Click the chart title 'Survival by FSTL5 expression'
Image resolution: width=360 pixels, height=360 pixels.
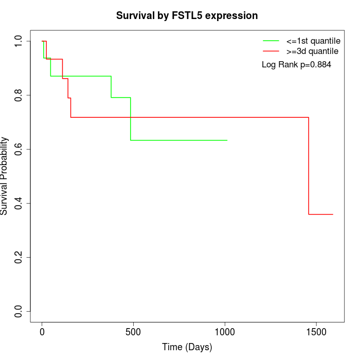pos(187,15)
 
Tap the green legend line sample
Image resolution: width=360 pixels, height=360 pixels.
pos(271,40)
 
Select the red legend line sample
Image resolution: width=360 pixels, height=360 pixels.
pos(271,51)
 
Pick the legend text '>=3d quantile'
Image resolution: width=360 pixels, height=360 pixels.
pos(312,51)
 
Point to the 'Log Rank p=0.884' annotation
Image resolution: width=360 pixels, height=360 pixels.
pos(296,65)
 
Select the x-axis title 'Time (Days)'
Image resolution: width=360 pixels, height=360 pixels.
pos(187,347)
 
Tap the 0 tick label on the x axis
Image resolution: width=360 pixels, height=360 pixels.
pos(42,332)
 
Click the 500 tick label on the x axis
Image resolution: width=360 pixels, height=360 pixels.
pos(133,332)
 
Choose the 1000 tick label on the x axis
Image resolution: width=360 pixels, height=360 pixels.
pos(225,332)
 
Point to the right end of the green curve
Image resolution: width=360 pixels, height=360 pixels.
pos(227,140)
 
